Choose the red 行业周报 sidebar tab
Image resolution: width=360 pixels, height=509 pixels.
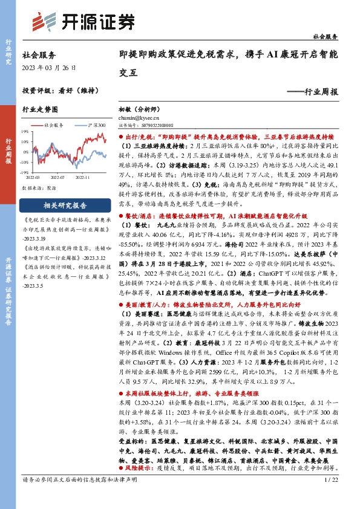point(8,149)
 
